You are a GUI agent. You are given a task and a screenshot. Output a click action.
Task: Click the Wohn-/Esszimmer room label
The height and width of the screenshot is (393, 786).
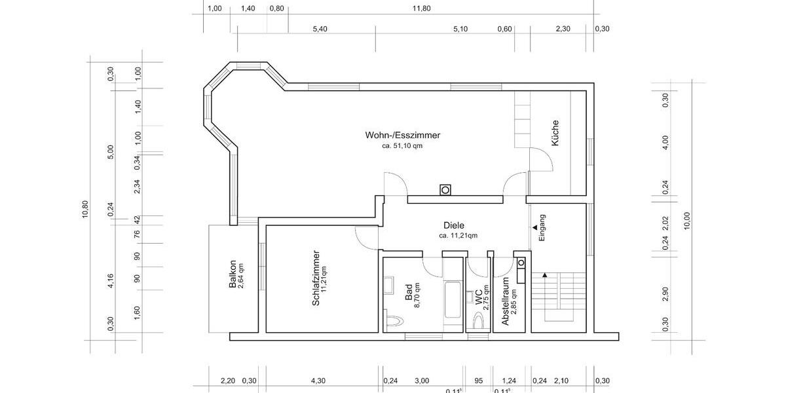pos(403,136)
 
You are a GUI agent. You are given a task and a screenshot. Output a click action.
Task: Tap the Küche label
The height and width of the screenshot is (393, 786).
pos(555,133)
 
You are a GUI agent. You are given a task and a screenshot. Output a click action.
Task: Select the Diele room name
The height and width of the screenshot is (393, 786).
pos(453,225)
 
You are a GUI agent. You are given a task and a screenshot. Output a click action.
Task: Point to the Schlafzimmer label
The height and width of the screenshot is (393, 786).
pos(316,278)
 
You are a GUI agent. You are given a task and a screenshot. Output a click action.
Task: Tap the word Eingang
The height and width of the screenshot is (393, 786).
pos(542,228)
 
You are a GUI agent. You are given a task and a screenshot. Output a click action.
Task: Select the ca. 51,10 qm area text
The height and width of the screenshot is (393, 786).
pos(402,147)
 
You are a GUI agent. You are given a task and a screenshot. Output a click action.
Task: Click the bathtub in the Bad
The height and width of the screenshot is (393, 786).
pos(452,301)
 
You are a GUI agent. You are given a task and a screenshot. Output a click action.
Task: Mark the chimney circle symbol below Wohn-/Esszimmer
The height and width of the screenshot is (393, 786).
pos(445,191)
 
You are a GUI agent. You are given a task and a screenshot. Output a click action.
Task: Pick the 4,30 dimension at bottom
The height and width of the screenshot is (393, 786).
pos(318,381)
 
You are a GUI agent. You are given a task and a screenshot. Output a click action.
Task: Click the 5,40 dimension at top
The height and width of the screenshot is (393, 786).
pos(320,29)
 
